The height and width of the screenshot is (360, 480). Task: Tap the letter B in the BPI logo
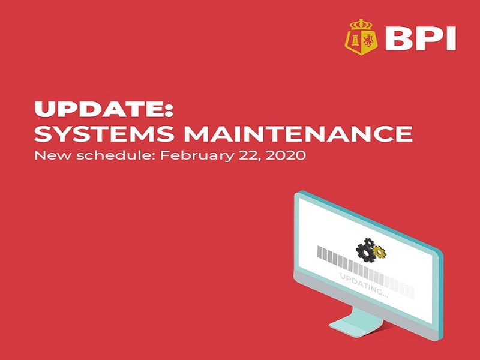(398, 39)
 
